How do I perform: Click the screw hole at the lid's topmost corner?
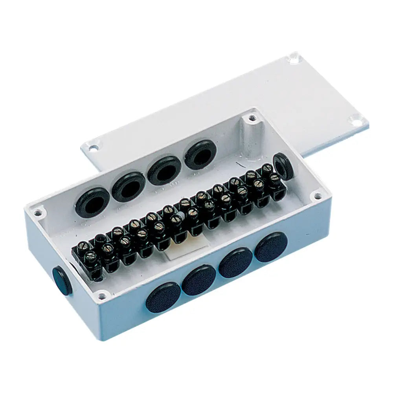tap(292, 60)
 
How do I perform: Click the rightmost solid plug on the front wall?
tap(271, 247)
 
